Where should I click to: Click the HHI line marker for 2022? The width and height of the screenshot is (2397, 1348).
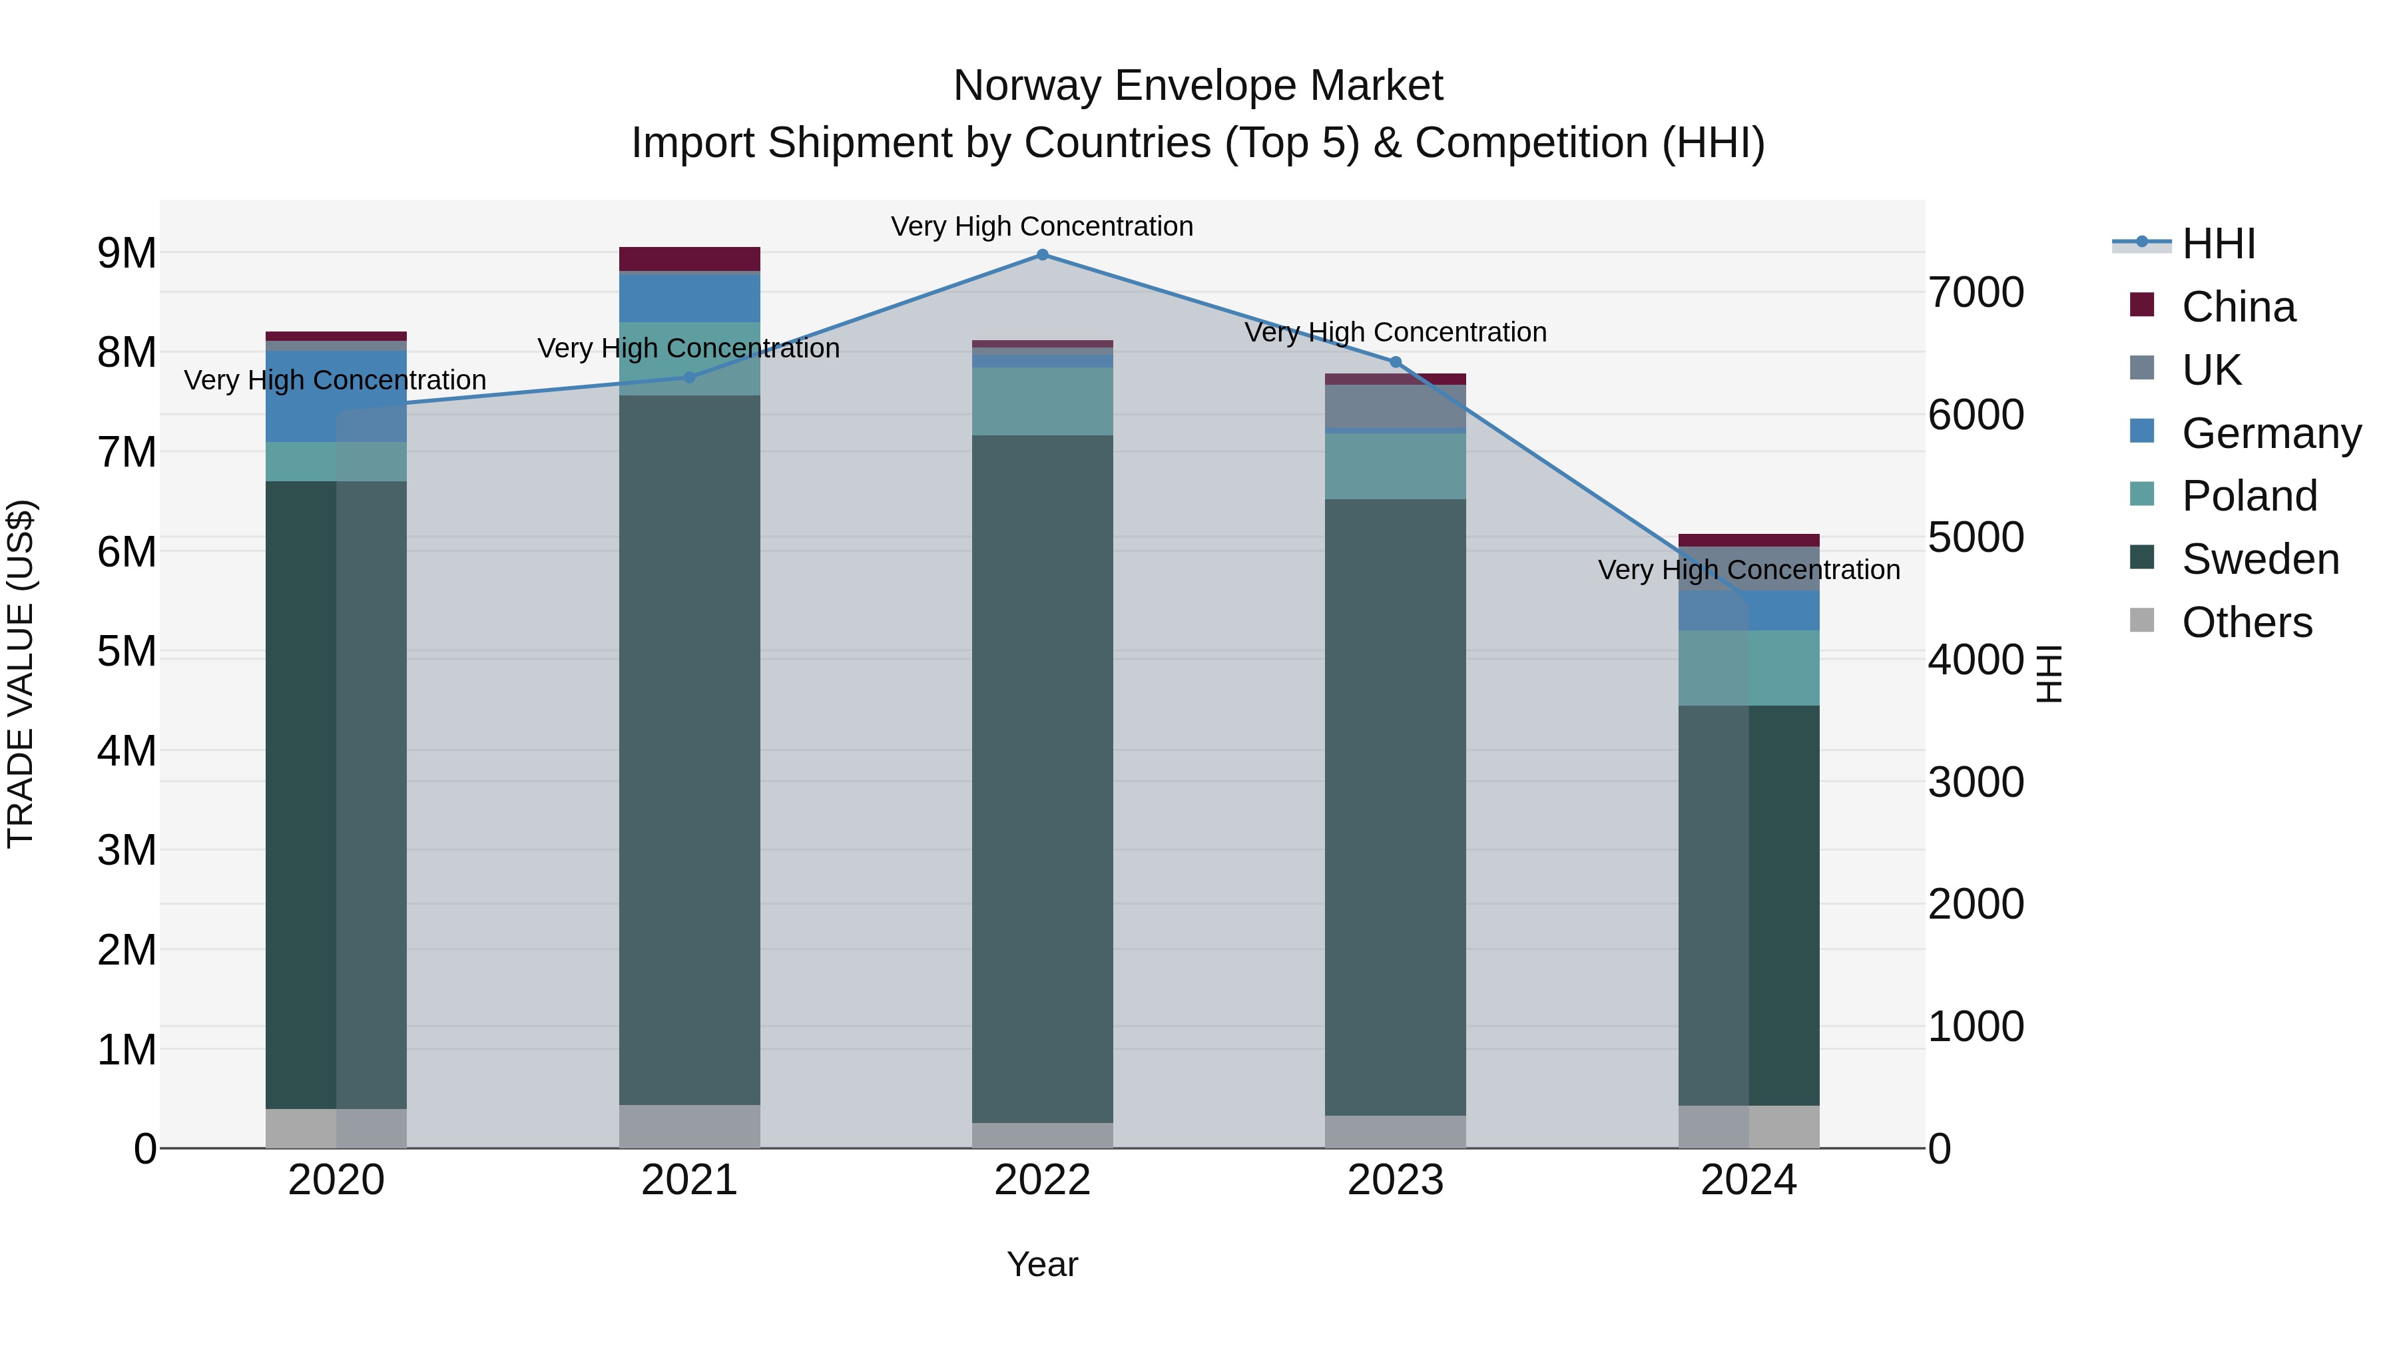pos(1042,255)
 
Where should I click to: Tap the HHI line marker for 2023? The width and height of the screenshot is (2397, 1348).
pos(1395,363)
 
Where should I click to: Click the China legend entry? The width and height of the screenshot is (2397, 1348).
pos(2238,307)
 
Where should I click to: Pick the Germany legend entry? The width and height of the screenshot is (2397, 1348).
pos(2270,433)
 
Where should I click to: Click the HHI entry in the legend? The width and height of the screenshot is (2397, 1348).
pos(2219,244)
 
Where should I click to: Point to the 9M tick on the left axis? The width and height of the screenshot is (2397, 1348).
pos(127,253)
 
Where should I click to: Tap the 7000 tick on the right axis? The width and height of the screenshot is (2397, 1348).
pos(1976,292)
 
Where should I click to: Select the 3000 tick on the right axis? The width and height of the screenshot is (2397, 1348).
pos(1976,782)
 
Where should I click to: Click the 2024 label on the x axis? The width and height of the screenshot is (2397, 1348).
pos(1748,1180)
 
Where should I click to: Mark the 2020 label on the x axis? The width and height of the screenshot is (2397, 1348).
pos(336,1180)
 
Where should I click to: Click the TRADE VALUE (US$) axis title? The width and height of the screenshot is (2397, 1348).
pos(21,674)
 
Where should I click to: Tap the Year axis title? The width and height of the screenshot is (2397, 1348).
pos(1042,1264)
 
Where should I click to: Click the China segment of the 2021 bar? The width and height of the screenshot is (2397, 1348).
pos(690,259)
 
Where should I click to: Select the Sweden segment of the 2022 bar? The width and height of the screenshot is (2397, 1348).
pos(1042,779)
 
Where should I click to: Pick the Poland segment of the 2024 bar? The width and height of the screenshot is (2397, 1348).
pos(1748,668)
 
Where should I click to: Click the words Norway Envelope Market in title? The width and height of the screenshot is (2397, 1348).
pos(1198,86)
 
